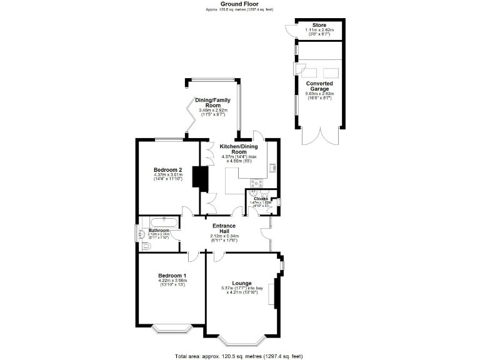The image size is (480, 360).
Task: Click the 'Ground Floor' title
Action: (x=240, y=4)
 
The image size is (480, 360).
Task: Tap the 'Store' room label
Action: (x=319, y=25)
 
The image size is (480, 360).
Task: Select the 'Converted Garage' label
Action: (x=319, y=86)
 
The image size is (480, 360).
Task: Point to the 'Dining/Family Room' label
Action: (x=213, y=103)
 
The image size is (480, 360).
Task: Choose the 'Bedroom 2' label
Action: (x=167, y=170)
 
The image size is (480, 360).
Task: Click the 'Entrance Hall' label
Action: (x=224, y=229)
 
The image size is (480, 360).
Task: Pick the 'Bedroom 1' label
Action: (x=172, y=276)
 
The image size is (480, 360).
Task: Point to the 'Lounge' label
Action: (x=241, y=283)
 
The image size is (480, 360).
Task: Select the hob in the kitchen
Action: (x=256, y=183)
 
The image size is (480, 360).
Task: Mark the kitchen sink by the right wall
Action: (x=273, y=167)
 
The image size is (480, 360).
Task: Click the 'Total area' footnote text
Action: (x=240, y=356)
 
